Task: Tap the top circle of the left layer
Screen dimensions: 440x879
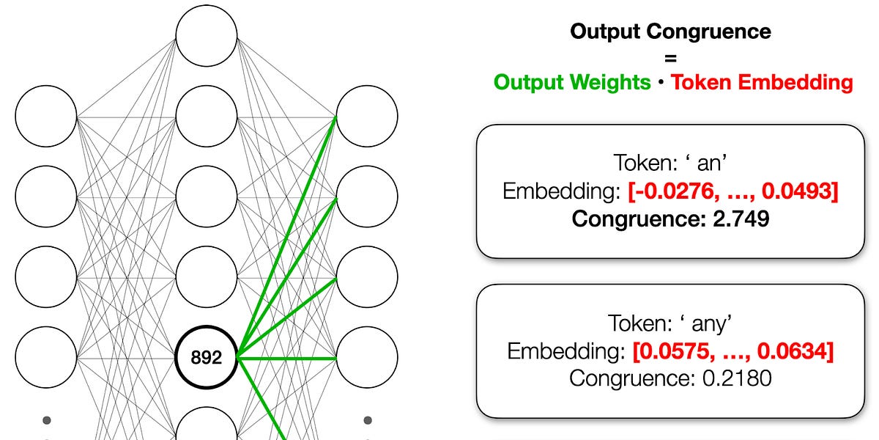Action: click(x=46, y=116)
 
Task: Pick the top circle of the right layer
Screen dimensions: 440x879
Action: click(x=367, y=116)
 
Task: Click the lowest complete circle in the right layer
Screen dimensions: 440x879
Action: click(x=367, y=358)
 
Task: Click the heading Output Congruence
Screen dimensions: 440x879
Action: click(x=670, y=32)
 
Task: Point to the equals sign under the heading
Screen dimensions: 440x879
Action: click(x=670, y=56)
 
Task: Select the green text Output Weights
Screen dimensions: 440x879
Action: click(x=572, y=82)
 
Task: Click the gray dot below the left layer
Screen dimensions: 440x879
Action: click(x=47, y=420)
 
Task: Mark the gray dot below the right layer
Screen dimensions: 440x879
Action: click(x=367, y=420)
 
